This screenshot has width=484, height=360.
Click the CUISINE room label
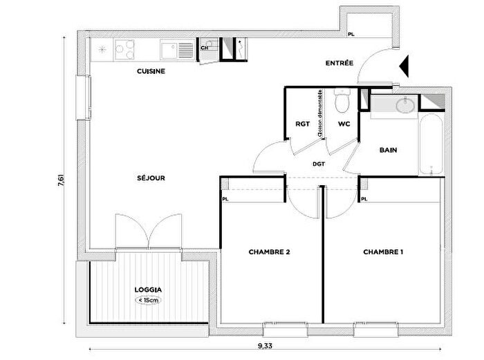coord(150,71)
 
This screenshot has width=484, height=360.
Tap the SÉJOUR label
coord(150,178)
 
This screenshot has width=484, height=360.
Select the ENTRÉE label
coord(339,64)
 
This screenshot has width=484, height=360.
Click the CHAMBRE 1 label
coord(383,252)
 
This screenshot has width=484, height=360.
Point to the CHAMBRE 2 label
coord(269,252)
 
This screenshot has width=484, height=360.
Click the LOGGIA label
coord(149,290)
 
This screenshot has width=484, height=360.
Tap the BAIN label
coord(387,150)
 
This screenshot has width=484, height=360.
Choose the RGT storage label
coord(302,124)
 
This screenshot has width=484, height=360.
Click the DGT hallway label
coord(319,164)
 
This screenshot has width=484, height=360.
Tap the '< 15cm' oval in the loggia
coord(149,300)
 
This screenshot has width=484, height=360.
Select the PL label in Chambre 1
coord(363,200)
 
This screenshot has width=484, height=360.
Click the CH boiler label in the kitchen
coord(205,48)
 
